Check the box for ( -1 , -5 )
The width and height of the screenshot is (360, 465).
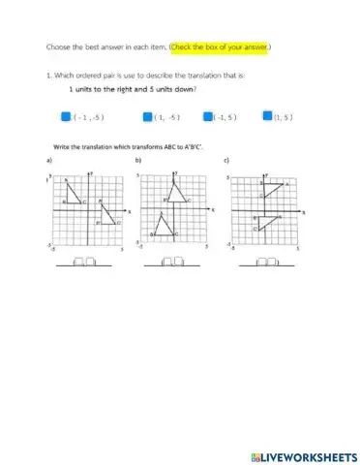67,116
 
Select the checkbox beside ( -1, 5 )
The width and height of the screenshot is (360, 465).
208,116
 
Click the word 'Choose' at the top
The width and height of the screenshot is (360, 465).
59,46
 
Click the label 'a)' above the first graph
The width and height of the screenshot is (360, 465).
49,160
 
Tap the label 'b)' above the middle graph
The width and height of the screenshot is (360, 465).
138,160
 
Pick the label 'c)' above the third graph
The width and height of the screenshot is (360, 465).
226,160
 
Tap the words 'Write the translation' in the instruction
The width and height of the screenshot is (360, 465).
80,145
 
